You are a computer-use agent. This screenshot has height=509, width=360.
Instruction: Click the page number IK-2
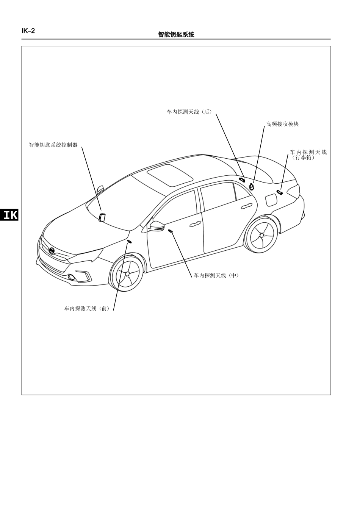(x=28, y=31)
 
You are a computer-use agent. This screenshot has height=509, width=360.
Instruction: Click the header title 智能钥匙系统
(x=176, y=34)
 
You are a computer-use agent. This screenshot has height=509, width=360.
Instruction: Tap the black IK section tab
(x=9, y=214)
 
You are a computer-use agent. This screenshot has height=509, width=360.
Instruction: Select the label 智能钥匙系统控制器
(x=53, y=145)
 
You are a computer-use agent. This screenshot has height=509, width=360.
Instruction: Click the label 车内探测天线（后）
(x=189, y=112)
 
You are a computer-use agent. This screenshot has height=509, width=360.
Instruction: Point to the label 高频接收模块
(x=282, y=124)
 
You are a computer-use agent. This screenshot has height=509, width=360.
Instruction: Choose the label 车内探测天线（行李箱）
(x=308, y=155)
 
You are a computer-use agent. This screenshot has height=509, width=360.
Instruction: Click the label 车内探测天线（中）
(x=216, y=275)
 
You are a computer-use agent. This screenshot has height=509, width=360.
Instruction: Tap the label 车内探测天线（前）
(x=87, y=309)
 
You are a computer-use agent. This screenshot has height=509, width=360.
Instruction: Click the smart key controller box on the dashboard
(x=102, y=217)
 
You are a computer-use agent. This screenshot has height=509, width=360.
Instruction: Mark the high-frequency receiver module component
(x=252, y=187)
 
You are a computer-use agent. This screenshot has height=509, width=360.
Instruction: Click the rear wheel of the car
(x=262, y=236)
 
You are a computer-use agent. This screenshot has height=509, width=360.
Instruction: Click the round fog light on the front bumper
(x=71, y=277)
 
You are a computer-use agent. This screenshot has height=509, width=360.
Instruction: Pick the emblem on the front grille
(x=52, y=251)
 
